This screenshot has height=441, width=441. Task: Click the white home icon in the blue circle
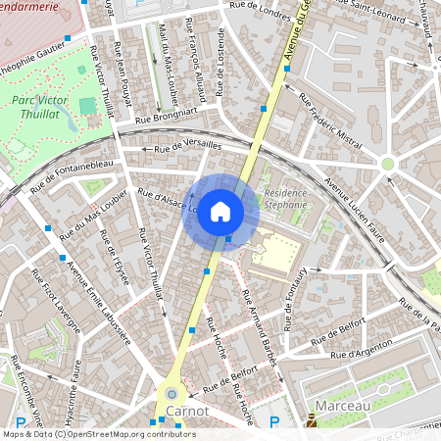[x=220, y=212]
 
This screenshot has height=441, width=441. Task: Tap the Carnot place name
[x=187, y=411]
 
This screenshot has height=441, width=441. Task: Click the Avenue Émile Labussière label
[x=98, y=300]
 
